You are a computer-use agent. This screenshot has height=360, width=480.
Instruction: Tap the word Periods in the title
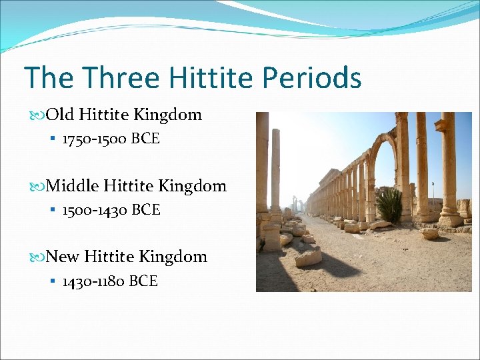point(311,78)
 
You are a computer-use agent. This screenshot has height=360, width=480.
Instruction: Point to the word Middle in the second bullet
point(73,186)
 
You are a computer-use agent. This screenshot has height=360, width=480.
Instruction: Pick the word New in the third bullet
point(63,257)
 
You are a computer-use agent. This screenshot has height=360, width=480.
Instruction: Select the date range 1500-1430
point(95,210)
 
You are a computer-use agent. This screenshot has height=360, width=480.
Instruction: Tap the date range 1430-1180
point(93,281)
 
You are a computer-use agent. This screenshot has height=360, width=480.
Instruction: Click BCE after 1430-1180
point(143,281)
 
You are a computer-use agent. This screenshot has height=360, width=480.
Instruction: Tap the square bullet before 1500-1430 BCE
point(52,211)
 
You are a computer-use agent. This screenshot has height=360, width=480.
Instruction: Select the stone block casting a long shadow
point(309,257)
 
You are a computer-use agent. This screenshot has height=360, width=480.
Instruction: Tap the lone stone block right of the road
point(429,233)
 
